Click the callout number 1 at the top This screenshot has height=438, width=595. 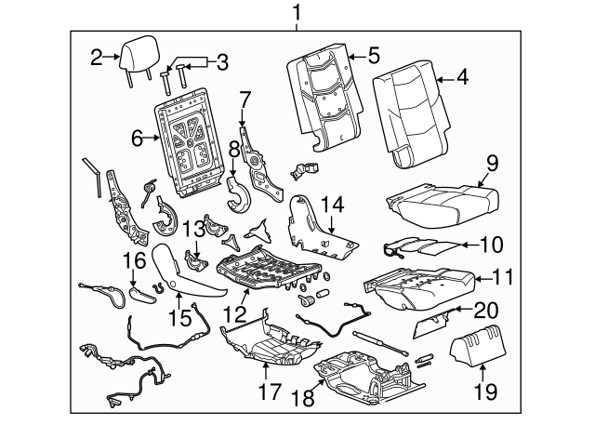(297, 13)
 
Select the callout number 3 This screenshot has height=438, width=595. (220, 63)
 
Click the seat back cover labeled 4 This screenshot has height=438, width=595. (409, 116)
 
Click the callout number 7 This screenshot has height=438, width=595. (245, 98)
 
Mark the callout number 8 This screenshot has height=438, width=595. (233, 148)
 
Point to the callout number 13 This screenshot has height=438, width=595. (192, 230)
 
